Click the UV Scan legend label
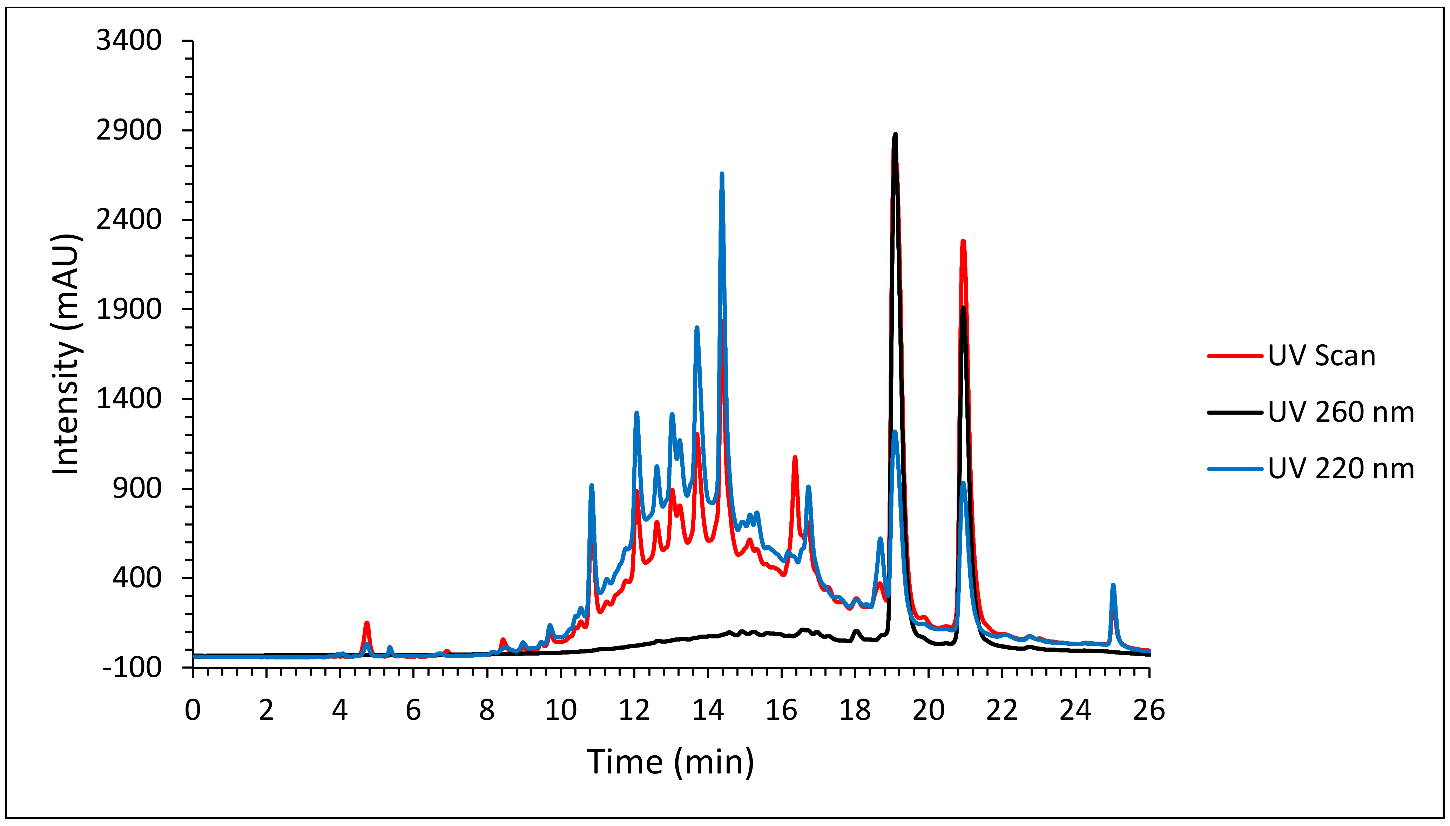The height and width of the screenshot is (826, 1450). point(1321,356)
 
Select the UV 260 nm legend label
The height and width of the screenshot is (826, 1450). point(1341,412)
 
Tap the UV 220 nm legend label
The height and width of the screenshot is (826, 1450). point(1341,469)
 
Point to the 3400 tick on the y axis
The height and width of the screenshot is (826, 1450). point(129,41)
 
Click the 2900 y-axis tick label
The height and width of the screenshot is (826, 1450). point(129,130)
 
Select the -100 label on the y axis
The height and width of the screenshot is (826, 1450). point(131,668)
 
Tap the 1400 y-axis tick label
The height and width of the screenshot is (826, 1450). point(129,399)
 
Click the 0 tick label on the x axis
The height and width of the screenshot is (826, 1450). point(193,710)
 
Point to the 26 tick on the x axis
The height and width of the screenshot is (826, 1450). point(1149,710)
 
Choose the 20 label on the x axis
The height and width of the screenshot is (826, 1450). point(928,710)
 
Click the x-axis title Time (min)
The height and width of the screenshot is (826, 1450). point(670,761)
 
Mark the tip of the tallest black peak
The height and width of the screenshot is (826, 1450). point(895,134)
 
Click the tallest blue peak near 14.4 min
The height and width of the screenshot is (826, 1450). point(722,174)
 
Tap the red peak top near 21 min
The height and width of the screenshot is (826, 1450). point(963,242)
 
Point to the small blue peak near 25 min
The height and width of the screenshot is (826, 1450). point(1113,585)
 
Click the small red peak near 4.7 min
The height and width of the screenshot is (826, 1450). point(367,623)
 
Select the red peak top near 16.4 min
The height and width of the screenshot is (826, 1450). point(795,457)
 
